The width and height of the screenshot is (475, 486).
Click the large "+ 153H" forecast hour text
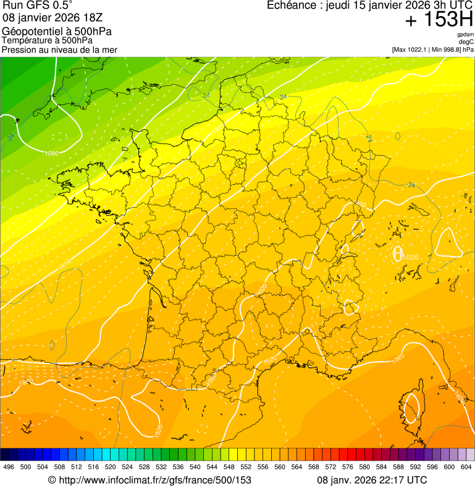coord(439,20)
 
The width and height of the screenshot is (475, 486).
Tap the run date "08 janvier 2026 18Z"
coord(47,18)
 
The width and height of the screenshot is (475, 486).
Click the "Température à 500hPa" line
coord(48,41)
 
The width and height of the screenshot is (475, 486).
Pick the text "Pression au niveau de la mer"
coord(59,49)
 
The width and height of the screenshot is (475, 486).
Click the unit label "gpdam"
coord(466,35)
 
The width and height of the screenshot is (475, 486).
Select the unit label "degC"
coord(467,42)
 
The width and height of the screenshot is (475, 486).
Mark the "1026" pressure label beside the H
coord(410,257)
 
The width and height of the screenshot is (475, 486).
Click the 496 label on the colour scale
coord(9,467)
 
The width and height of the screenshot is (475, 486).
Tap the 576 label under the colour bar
coord(348,467)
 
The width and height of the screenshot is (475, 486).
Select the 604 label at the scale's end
coord(466,467)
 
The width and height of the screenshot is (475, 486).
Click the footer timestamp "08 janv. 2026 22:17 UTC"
coord(372,480)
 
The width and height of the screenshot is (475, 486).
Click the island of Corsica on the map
coord(410,408)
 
